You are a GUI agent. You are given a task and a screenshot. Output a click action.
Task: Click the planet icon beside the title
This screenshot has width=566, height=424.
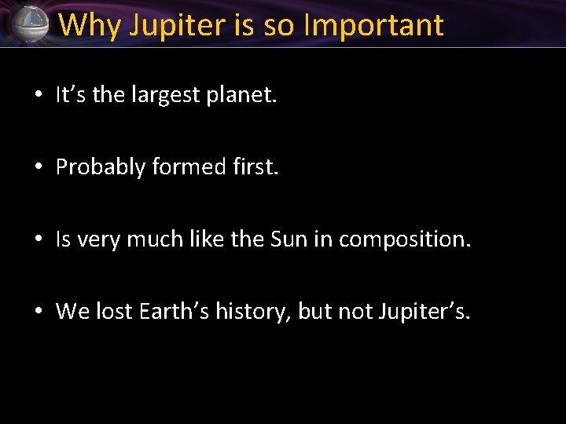pyautogui.click(x=30, y=24)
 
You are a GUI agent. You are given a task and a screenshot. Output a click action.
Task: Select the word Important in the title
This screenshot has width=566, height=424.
pyautogui.click(x=373, y=25)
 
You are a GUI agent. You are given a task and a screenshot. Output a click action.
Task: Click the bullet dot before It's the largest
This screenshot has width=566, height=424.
pyautogui.click(x=38, y=97)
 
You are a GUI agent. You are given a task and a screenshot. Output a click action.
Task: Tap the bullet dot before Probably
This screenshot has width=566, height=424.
pyautogui.click(x=38, y=168)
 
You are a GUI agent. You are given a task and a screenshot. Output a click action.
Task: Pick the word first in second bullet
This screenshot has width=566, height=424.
pyautogui.click(x=252, y=167)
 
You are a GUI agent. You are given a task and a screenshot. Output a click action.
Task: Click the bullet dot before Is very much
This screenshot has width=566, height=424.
pyautogui.click(x=38, y=240)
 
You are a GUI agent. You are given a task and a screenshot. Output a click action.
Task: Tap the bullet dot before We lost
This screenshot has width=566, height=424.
pyautogui.click(x=38, y=313)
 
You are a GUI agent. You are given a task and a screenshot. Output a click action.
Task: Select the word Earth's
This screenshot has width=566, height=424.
pyautogui.click(x=171, y=312)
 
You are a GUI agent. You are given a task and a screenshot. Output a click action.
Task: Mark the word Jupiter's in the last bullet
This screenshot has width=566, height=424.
pyautogui.click(x=425, y=312)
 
